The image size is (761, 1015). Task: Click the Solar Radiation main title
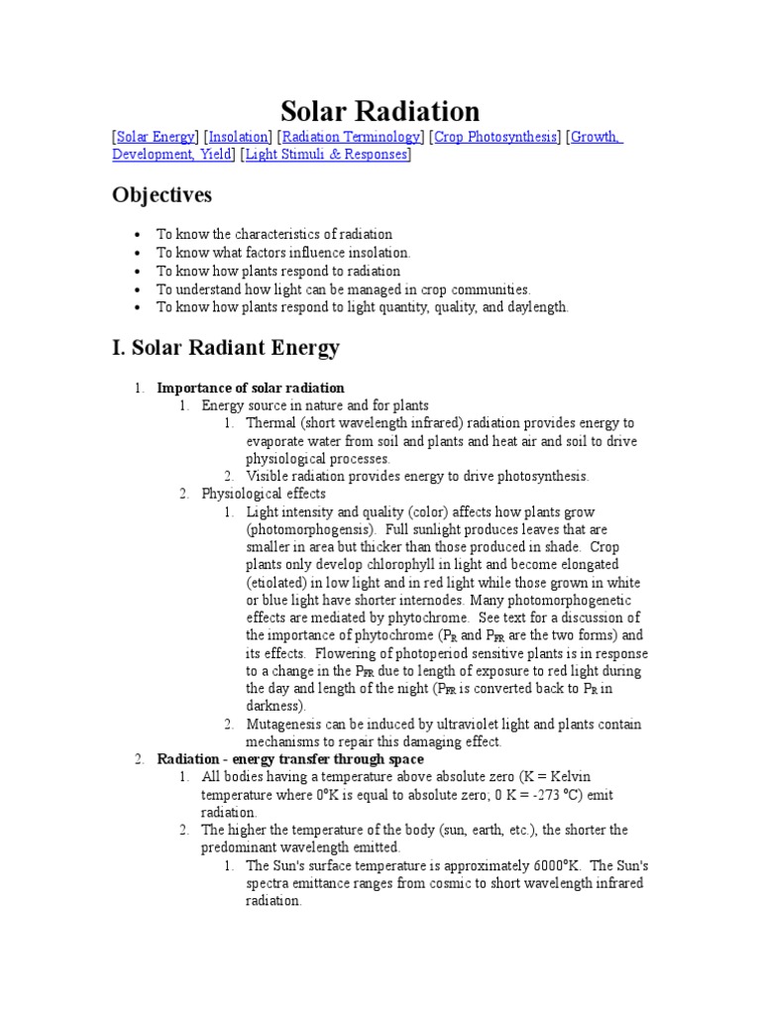(380, 110)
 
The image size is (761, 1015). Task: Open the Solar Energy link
(156, 138)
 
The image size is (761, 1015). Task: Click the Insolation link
(239, 138)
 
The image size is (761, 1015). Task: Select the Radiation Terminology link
(353, 138)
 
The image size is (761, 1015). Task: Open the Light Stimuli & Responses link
(326, 156)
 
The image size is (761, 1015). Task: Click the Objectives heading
(162, 195)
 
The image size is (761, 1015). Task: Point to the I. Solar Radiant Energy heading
(226, 348)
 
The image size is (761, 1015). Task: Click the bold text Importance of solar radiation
(251, 388)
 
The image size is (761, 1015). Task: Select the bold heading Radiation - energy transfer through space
(290, 759)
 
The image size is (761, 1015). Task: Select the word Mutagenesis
(285, 724)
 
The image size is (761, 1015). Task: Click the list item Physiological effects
(264, 494)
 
